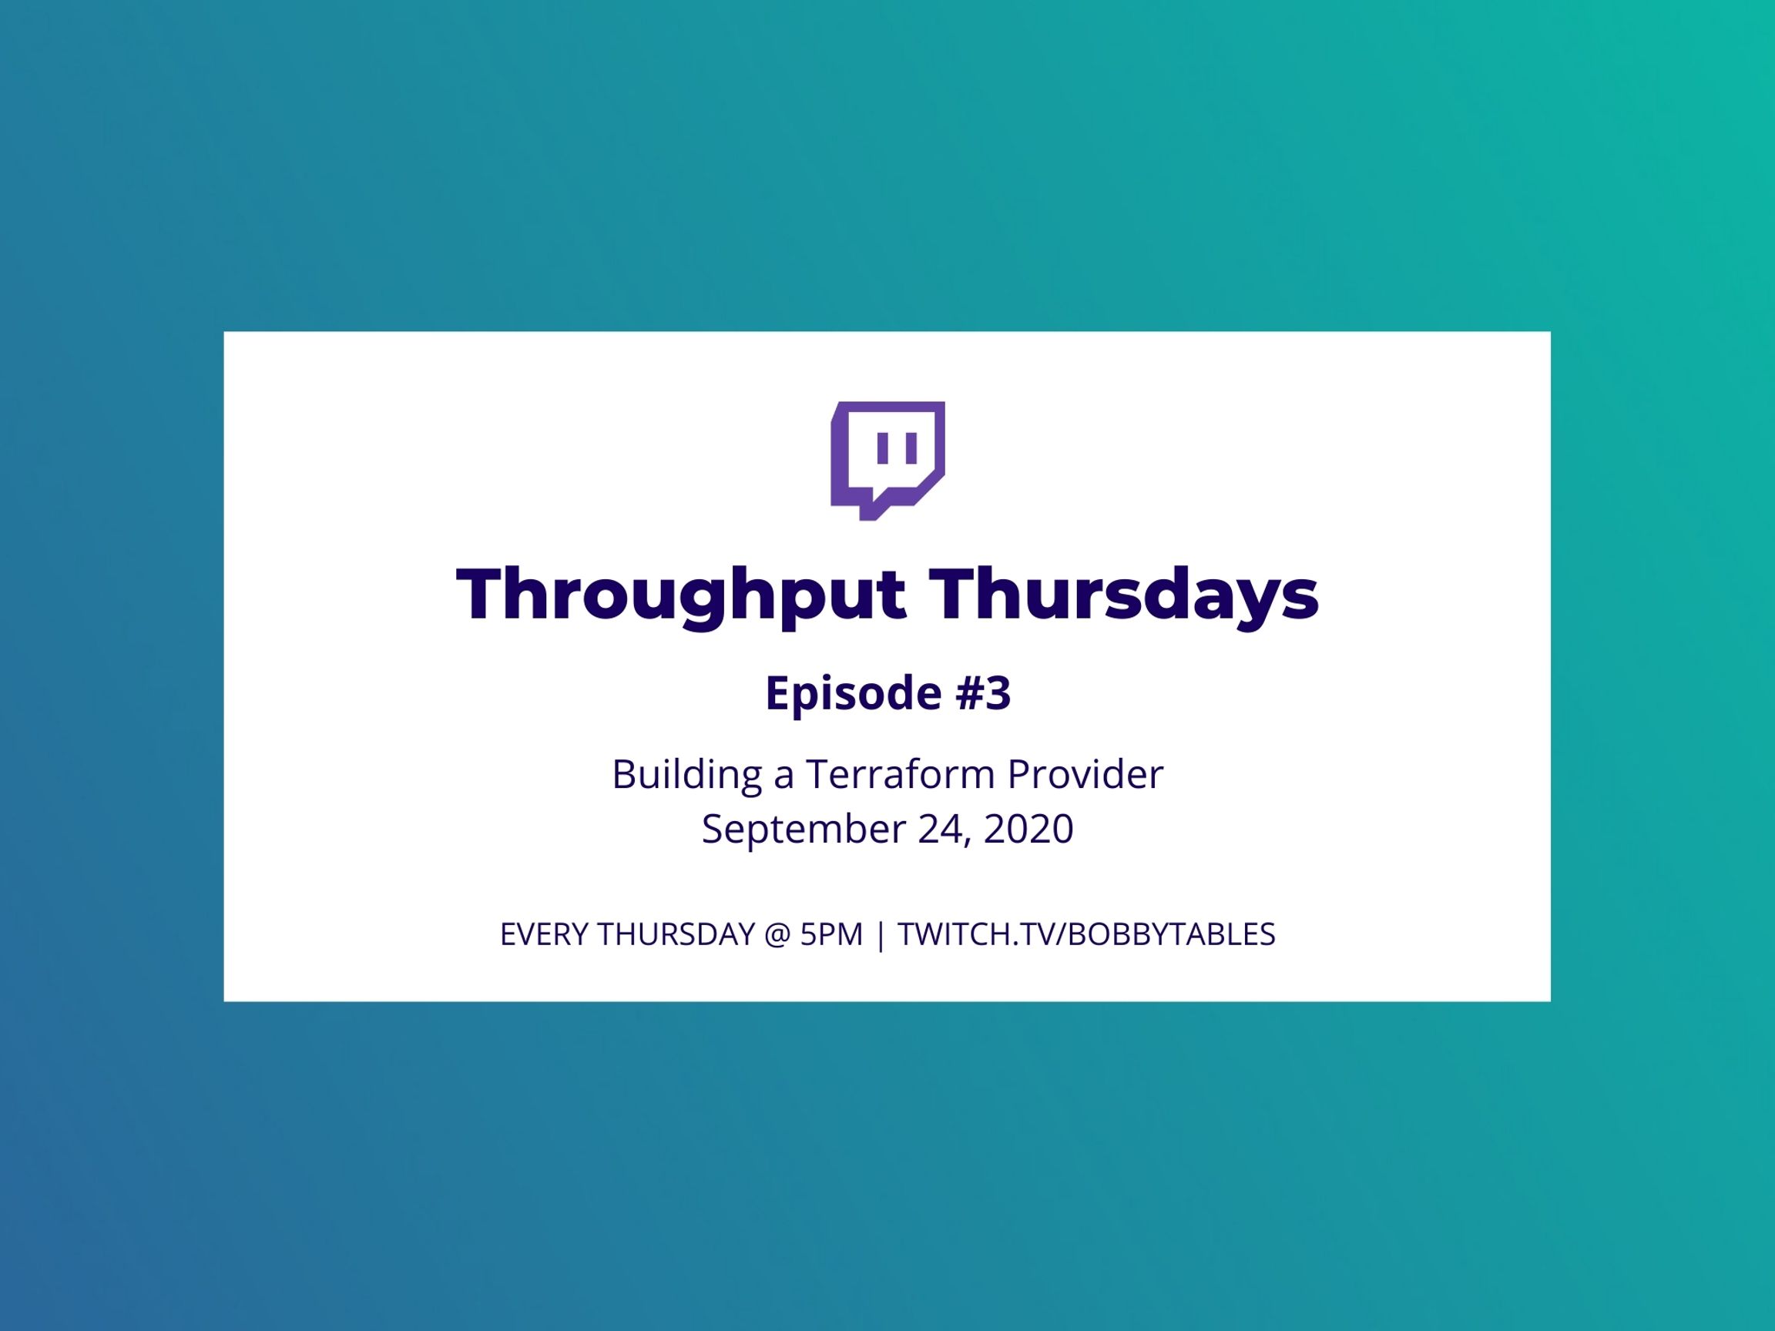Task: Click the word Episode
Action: pos(853,693)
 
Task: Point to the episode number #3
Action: pos(983,692)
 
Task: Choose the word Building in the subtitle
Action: pos(687,776)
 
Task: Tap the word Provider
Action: pos(1085,775)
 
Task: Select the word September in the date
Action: pos(804,830)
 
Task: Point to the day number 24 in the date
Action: pos(940,830)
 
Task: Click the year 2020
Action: pos(1028,830)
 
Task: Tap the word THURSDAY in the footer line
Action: pos(676,934)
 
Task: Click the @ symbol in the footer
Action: pos(777,935)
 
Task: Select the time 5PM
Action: pos(831,934)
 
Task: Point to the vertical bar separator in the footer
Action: pos(881,935)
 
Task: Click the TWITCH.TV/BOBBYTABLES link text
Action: pos(1086,934)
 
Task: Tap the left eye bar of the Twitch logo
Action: pos(883,448)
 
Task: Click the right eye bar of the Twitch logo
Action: pos(911,448)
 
